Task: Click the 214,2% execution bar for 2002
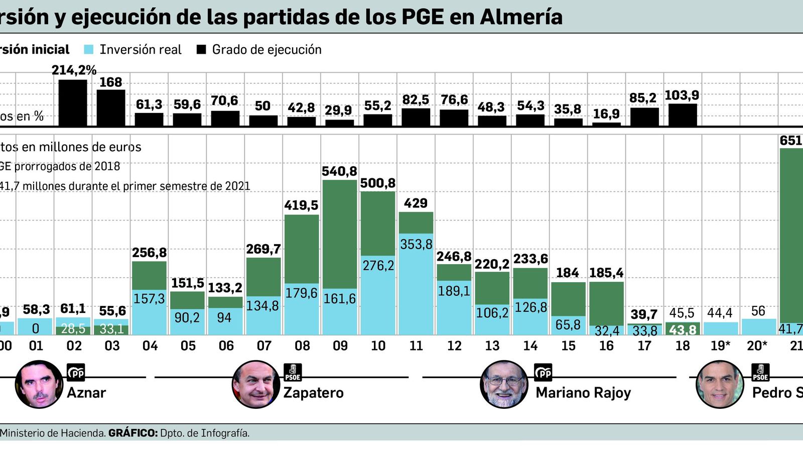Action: (x=73, y=102)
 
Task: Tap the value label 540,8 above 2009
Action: (x=340, y=171)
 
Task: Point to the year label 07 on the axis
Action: (x=264, y=346)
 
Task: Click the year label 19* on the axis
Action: (x=720, y=346)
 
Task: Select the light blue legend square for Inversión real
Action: (x=89, y=50)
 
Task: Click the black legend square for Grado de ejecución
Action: (x=202, y=50)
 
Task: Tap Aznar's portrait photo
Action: (x=39, y=384)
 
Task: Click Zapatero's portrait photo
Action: (x=255, y=384)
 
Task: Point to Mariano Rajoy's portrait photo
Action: (x=504, y=384)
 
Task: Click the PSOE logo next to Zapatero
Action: (x=293, y=373)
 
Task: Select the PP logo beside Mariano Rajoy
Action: (x=543, y=373)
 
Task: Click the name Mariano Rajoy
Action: (x=583, y=393)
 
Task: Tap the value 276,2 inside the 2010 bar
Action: (x=378, y=265)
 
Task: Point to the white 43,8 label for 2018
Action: (x=682, y=330)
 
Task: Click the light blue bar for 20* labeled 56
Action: (x=758, y=326)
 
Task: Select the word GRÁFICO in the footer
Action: (x=132, y=433)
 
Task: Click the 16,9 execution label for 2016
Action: (x=606, y=114)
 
